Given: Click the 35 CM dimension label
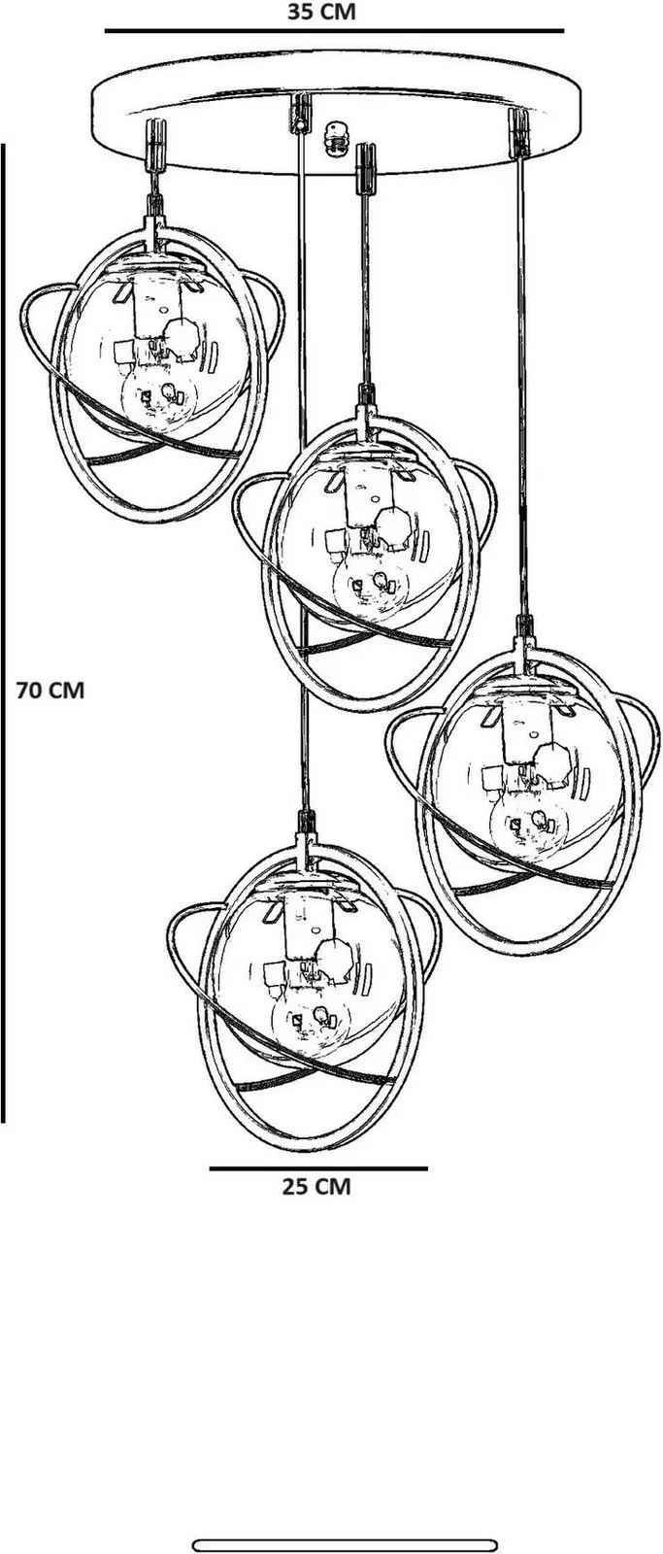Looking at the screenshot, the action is (321, 12).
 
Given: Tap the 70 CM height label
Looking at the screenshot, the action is (50, 691).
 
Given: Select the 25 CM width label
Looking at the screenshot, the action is (316, 1186).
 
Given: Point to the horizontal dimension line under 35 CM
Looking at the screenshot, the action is (334, 31).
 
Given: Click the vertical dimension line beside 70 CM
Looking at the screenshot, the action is (3, 632).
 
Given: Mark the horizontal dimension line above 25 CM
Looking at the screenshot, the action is (318, 1169).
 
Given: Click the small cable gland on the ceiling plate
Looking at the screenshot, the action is (336, 137).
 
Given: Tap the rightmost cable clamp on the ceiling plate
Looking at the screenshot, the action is (518, 132).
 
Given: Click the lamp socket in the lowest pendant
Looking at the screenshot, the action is (310, 936).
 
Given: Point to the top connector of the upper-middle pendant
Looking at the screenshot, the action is (366, 414).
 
